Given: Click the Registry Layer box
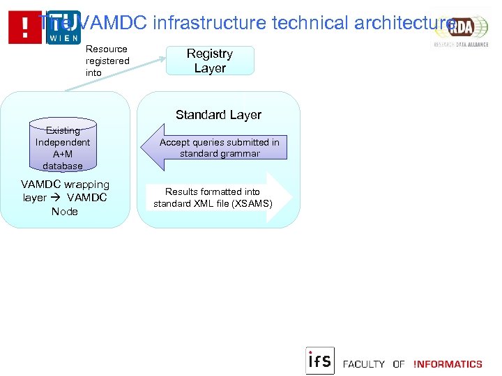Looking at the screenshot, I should pyautogui.click(x=210, y=61).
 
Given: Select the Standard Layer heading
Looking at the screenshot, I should pyautogui.click(x=218, y=115).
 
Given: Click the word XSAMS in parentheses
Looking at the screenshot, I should pyautogui.click(x=254, y=204).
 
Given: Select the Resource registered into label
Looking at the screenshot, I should pyautogui.click(x=107, y=61).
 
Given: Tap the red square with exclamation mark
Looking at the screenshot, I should pyautogui.click(x=25, y=28).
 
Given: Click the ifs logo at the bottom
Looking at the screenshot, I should pyautogui.click(x=320, y=361).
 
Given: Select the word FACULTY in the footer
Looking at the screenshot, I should pyautogui.click(x=364, y=364).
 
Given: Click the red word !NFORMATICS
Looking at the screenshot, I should pyautogui.click(x=448, y=364).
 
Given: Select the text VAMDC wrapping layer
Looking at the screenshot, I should pyautogui.click(x=65, y=191).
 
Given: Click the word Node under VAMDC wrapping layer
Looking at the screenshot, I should pyautogui.click(x=65, y=211).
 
